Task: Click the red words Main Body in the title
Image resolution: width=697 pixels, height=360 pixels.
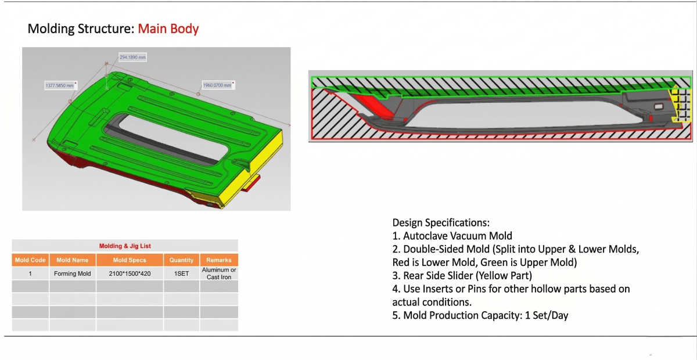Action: click(168, 28)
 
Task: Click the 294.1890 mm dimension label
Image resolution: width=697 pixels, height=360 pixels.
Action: click(132, 57)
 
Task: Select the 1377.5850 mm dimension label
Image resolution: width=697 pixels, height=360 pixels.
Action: click(60, 85)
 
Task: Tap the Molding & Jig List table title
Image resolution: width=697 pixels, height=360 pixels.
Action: click(125, 246)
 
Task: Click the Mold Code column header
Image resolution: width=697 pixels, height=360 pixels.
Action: click(30, 260)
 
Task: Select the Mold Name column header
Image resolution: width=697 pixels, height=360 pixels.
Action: click(73, 260)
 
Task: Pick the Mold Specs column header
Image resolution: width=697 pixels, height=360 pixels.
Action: click(130, 260)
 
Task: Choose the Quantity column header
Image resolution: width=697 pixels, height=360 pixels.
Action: click(181, 260)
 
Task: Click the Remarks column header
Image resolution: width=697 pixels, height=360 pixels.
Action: click(218, 260)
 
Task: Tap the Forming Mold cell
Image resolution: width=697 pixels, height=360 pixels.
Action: click(73, 273)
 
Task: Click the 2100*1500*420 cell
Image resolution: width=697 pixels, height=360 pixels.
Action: click(130, 273)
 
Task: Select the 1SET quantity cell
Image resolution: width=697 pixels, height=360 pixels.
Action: click(181, 273)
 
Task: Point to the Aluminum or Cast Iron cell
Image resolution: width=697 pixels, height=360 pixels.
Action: click(218, 273)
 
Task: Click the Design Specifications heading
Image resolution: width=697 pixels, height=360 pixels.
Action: click(441, 222)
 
